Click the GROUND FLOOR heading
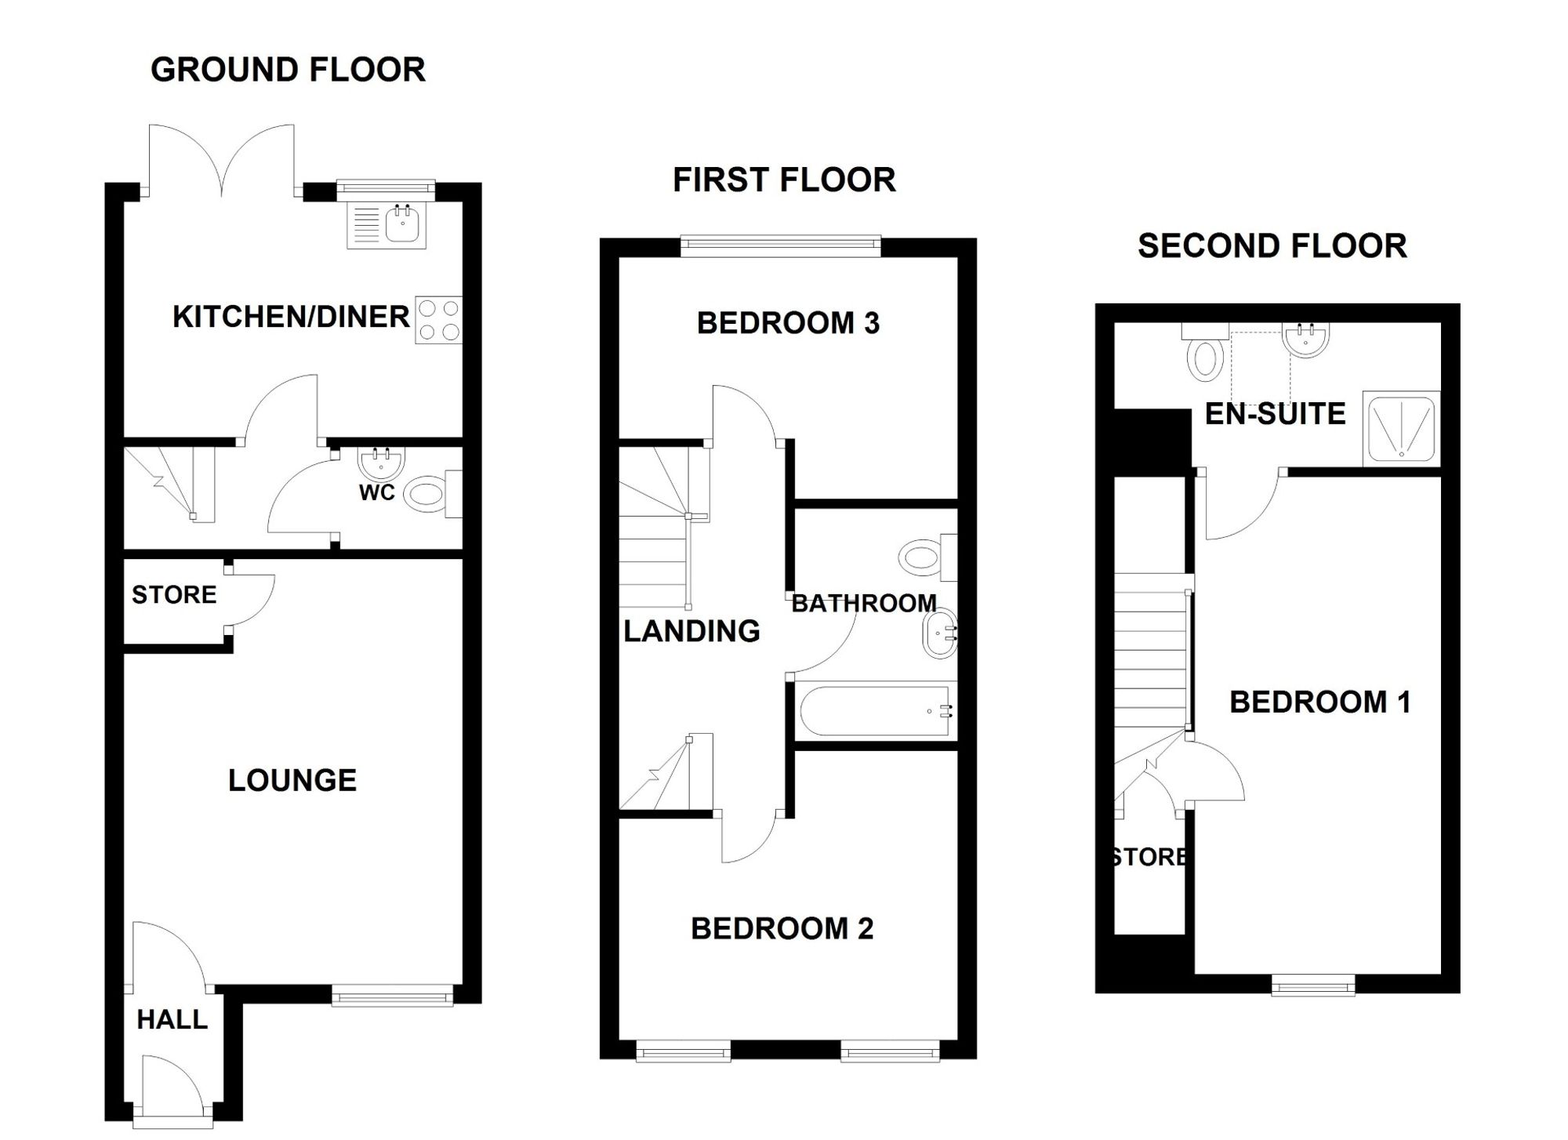[x=288, y=70]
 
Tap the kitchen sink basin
[x=404, y=223]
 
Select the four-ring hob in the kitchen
[x=439, y=320]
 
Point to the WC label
[x=377, y=492]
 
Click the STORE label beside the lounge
[x=174, y=595]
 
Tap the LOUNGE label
[x=292, y=780]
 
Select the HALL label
[x=172, y=1019]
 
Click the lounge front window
[x=392, y=996]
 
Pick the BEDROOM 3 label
[x=789, y=323]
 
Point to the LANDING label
[x=691, y=631]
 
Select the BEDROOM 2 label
[x=782, y=929]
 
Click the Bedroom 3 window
[x=781, y=246]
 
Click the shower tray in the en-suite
[x=1402, y=428]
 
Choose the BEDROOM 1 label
[x=1320, y=703]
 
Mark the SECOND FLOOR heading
[x=1272, y=246]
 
